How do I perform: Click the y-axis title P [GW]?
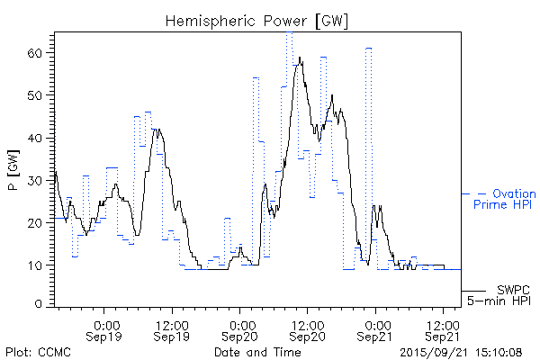[13, 167]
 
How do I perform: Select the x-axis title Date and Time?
[256, 351]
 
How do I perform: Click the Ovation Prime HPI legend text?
[504, 199]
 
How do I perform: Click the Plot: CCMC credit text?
[38, 351]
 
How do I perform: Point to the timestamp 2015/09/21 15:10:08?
[462, 351]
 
